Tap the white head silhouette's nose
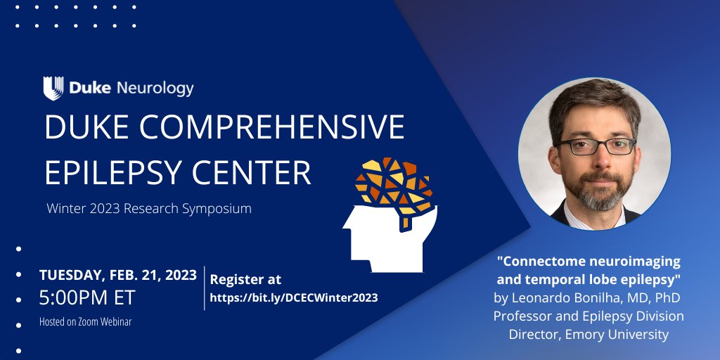(346, 227)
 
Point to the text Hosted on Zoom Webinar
(85, 321)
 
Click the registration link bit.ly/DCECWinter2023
(294, 297)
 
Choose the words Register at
(245, 279)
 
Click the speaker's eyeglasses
(600, 146)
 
